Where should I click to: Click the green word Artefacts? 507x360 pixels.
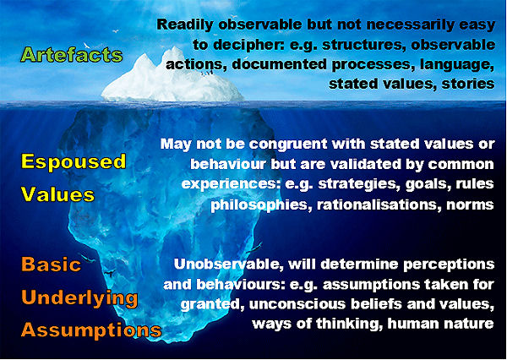[72, 55]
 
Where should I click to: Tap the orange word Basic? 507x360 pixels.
[51, 265]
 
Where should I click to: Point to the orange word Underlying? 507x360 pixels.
[80, 299]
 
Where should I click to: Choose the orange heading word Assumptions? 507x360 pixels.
[91, 330]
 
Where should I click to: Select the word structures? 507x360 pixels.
[363, 44]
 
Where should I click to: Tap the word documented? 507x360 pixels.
[279, 64]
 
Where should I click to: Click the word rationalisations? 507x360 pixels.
[375, 205]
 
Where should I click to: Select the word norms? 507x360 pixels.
[467, 205]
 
